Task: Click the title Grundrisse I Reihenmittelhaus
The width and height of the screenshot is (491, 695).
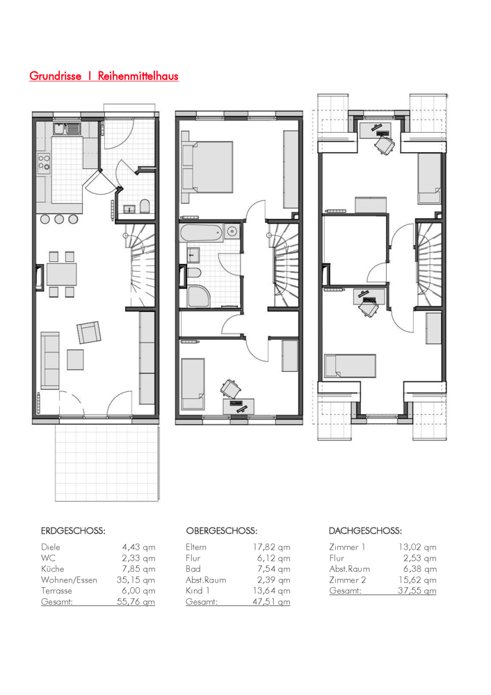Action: pos(104,76)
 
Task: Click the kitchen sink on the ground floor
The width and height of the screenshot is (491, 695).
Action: pos(67,129)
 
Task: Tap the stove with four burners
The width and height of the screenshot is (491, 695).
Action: pos(44,162)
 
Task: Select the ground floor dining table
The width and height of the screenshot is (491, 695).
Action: pos(62,274)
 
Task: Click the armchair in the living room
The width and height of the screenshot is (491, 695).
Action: pos(89,332)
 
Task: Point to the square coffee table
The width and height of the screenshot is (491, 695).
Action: pos(75,359)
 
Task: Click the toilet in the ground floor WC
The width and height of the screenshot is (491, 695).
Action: pos(145,206)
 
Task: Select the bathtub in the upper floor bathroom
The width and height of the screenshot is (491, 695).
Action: pos(201,233)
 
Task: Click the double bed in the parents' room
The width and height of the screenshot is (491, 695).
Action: pos(207,167)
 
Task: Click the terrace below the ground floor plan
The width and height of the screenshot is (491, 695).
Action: pos(107,463)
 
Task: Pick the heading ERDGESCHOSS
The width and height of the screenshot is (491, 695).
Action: pos(73,530)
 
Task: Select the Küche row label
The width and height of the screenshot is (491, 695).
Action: pos(53,569)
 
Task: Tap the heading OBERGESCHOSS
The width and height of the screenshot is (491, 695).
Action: pos(221,530)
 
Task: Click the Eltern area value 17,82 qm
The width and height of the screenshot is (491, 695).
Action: pos(272,548)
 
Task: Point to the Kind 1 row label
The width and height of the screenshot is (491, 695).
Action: pos(198,590)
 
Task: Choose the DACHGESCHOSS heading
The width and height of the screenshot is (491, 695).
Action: pos(365,530)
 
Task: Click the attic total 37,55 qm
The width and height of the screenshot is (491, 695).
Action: pos(417,590)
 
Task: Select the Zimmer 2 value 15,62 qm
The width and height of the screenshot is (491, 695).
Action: pos(417,580)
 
